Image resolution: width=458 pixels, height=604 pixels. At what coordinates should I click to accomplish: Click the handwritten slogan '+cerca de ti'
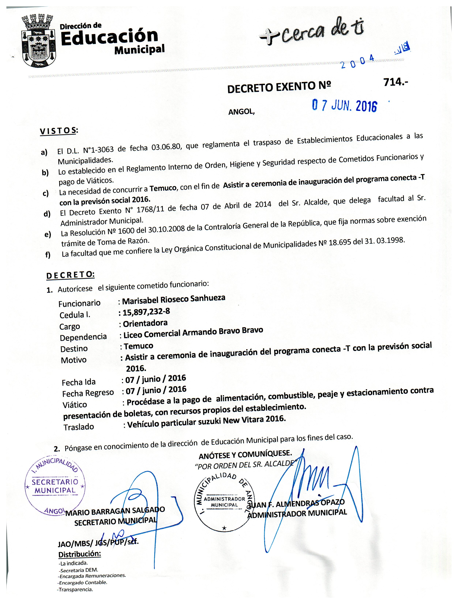(311, 33)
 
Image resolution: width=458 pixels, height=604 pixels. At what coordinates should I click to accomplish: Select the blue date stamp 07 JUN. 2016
(344, 106)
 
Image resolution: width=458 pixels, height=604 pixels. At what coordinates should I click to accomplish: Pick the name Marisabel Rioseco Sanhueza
(174, 299)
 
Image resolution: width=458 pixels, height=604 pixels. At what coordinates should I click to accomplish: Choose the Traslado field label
(79, 427)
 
